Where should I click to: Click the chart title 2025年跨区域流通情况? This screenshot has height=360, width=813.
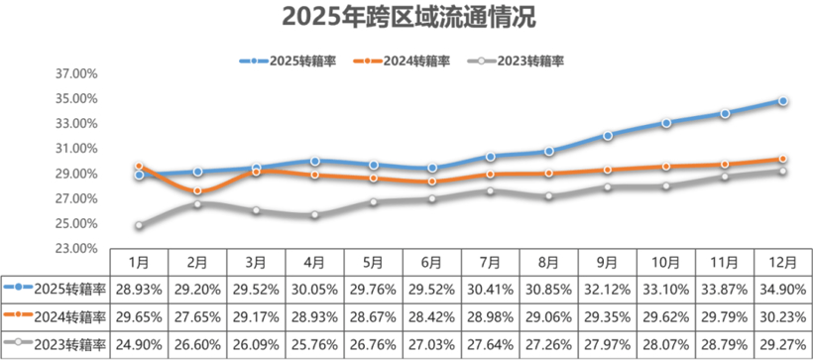point(406,19)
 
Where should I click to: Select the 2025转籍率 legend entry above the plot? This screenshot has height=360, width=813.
point(288,60)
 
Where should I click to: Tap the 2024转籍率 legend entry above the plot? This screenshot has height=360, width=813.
point(406,60)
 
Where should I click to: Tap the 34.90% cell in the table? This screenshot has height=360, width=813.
point(783,290)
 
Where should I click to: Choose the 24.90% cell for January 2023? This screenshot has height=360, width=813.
point(139,344)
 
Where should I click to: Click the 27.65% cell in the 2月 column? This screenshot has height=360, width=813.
point(197,317)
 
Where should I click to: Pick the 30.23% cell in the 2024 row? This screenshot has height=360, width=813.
point(783,317)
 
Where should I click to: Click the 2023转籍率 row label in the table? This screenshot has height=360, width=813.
point(57,344)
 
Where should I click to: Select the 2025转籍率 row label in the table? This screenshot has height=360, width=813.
point(57,290)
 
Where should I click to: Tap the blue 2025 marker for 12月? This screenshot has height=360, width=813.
point(783,101)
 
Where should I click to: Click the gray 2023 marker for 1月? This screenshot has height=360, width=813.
point(140,225)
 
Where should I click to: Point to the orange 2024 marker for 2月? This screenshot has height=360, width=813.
point(197,190)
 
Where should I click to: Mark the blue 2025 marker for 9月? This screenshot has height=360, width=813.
point(608,135)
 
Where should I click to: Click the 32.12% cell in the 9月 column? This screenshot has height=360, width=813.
point(608,290)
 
